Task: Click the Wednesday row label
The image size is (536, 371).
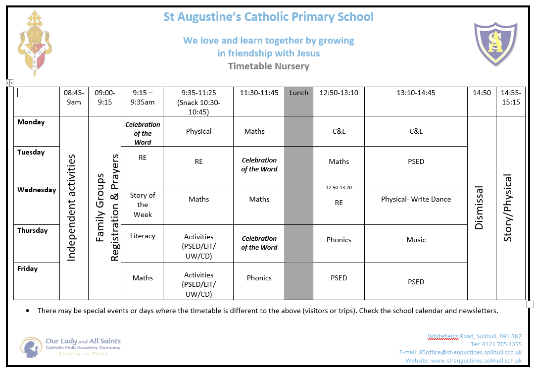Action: (37, 190)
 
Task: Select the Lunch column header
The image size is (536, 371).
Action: (298, 93)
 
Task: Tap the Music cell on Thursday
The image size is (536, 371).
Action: (416, 240)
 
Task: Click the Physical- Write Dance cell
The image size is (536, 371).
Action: (416, 199)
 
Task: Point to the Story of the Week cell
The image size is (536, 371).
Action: (143, 205)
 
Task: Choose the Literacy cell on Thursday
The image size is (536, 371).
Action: (143, 236)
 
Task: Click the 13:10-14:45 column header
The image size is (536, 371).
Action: (416, 93)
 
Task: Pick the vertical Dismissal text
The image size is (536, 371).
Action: (479, 208)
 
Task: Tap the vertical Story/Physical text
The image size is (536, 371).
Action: (508, 208)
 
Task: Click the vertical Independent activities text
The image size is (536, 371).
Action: (71, 208)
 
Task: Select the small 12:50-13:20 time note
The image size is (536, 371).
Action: (339, 188)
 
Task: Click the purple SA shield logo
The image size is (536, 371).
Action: (495, 44)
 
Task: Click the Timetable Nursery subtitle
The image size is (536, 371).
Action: (268, 66)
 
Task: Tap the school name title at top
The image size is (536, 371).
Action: (268, 17)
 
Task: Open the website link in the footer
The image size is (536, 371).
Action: (476, 361)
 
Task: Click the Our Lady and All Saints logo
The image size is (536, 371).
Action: (70, 346)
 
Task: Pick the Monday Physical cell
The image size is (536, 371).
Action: (198, 131)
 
